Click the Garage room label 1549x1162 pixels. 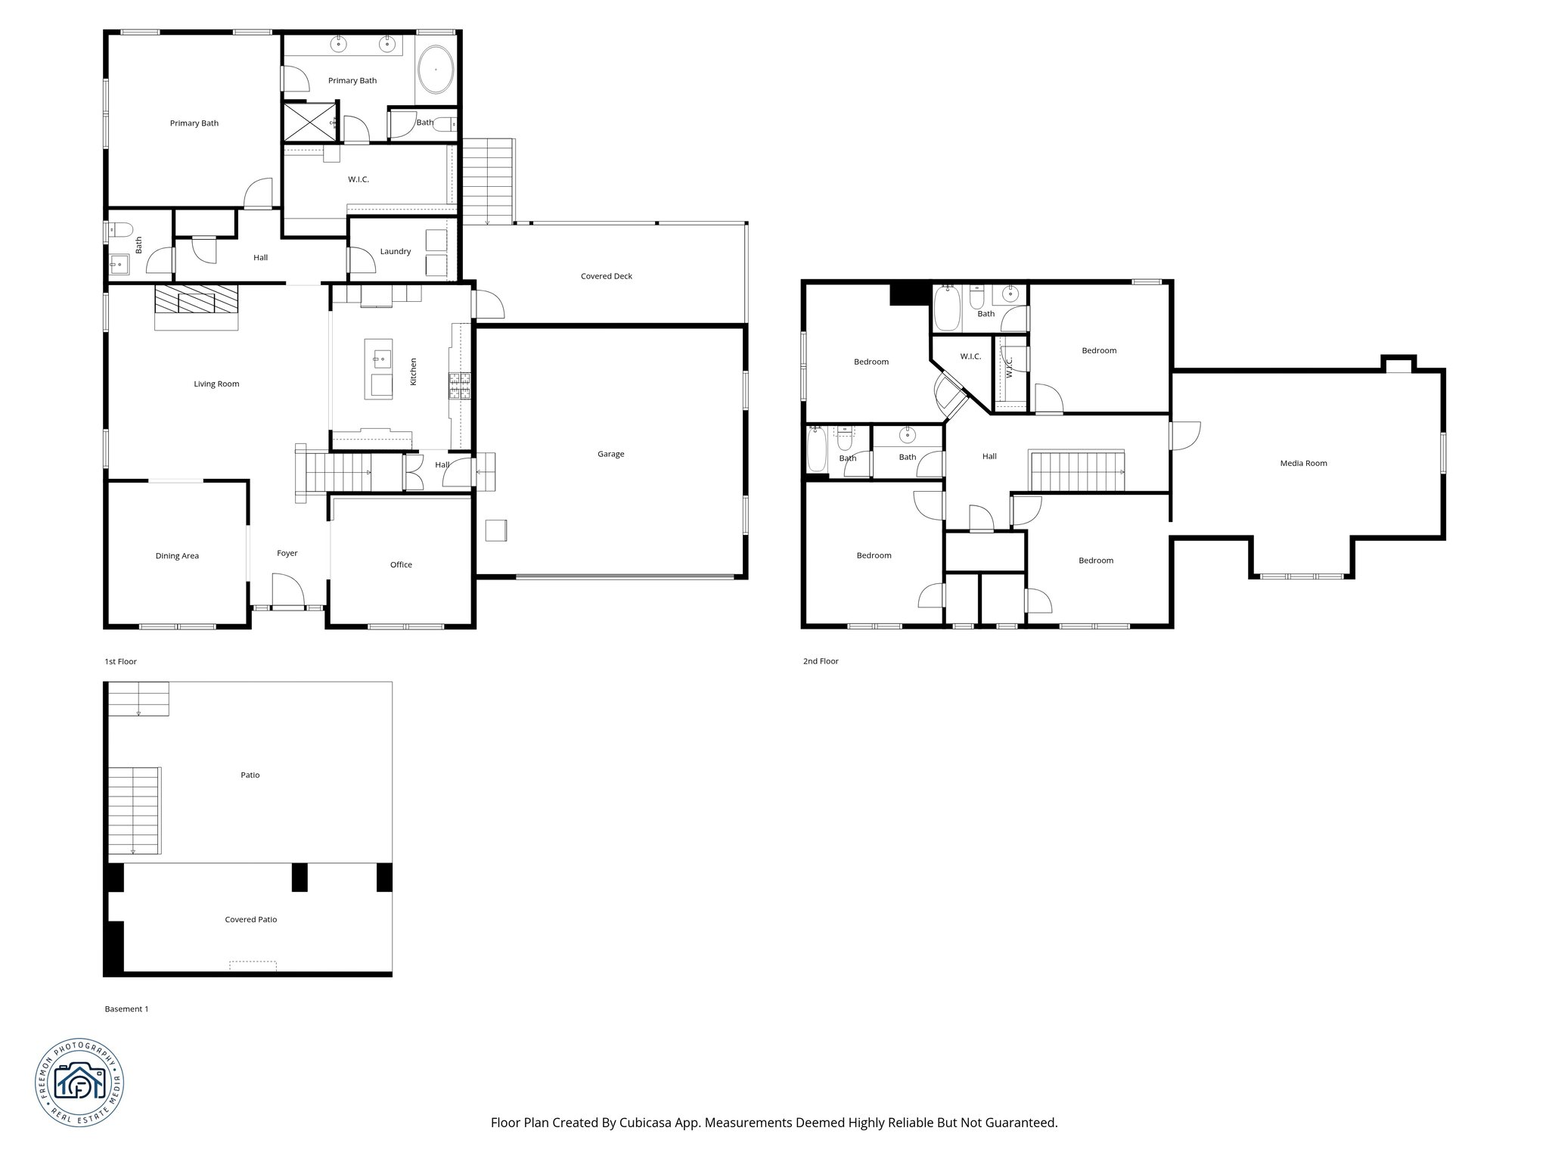[x=610, y=455]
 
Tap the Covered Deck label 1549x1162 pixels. [x=606, y=276]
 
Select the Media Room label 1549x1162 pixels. [x=1303, y=463]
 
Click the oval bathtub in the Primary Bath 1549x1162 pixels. [x=436, y=70]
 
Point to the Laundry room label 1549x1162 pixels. [x=395, y=251]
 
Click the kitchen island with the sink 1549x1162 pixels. [x=379, y=368]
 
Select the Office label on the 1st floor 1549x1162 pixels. [x=401, y=564]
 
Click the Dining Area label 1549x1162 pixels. [x=177, y=556]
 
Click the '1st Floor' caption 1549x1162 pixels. [x=120, y=661]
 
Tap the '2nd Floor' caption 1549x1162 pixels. [x=821, y=661]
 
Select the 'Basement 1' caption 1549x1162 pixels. [x=126, y=1009]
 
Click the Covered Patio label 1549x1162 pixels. [x=250, y=920]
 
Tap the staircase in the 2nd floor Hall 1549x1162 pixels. [x=1078, y=471]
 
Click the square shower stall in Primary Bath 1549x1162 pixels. [x=309, y=122]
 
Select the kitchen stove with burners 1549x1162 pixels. [x=460, y=385]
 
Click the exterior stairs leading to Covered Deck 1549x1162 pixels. [x=487, y=182]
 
